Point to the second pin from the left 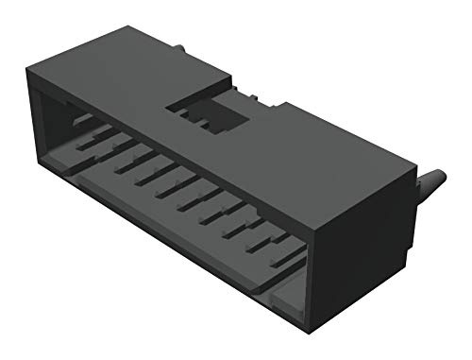[x=102, y=139]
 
